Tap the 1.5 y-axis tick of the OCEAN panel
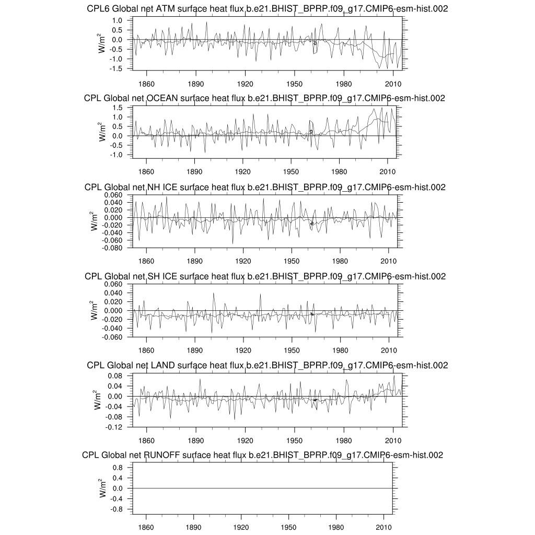point(117,108)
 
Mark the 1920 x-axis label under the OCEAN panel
point(242,171)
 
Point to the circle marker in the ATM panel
point(315,43)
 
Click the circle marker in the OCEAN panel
point(311,132)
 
